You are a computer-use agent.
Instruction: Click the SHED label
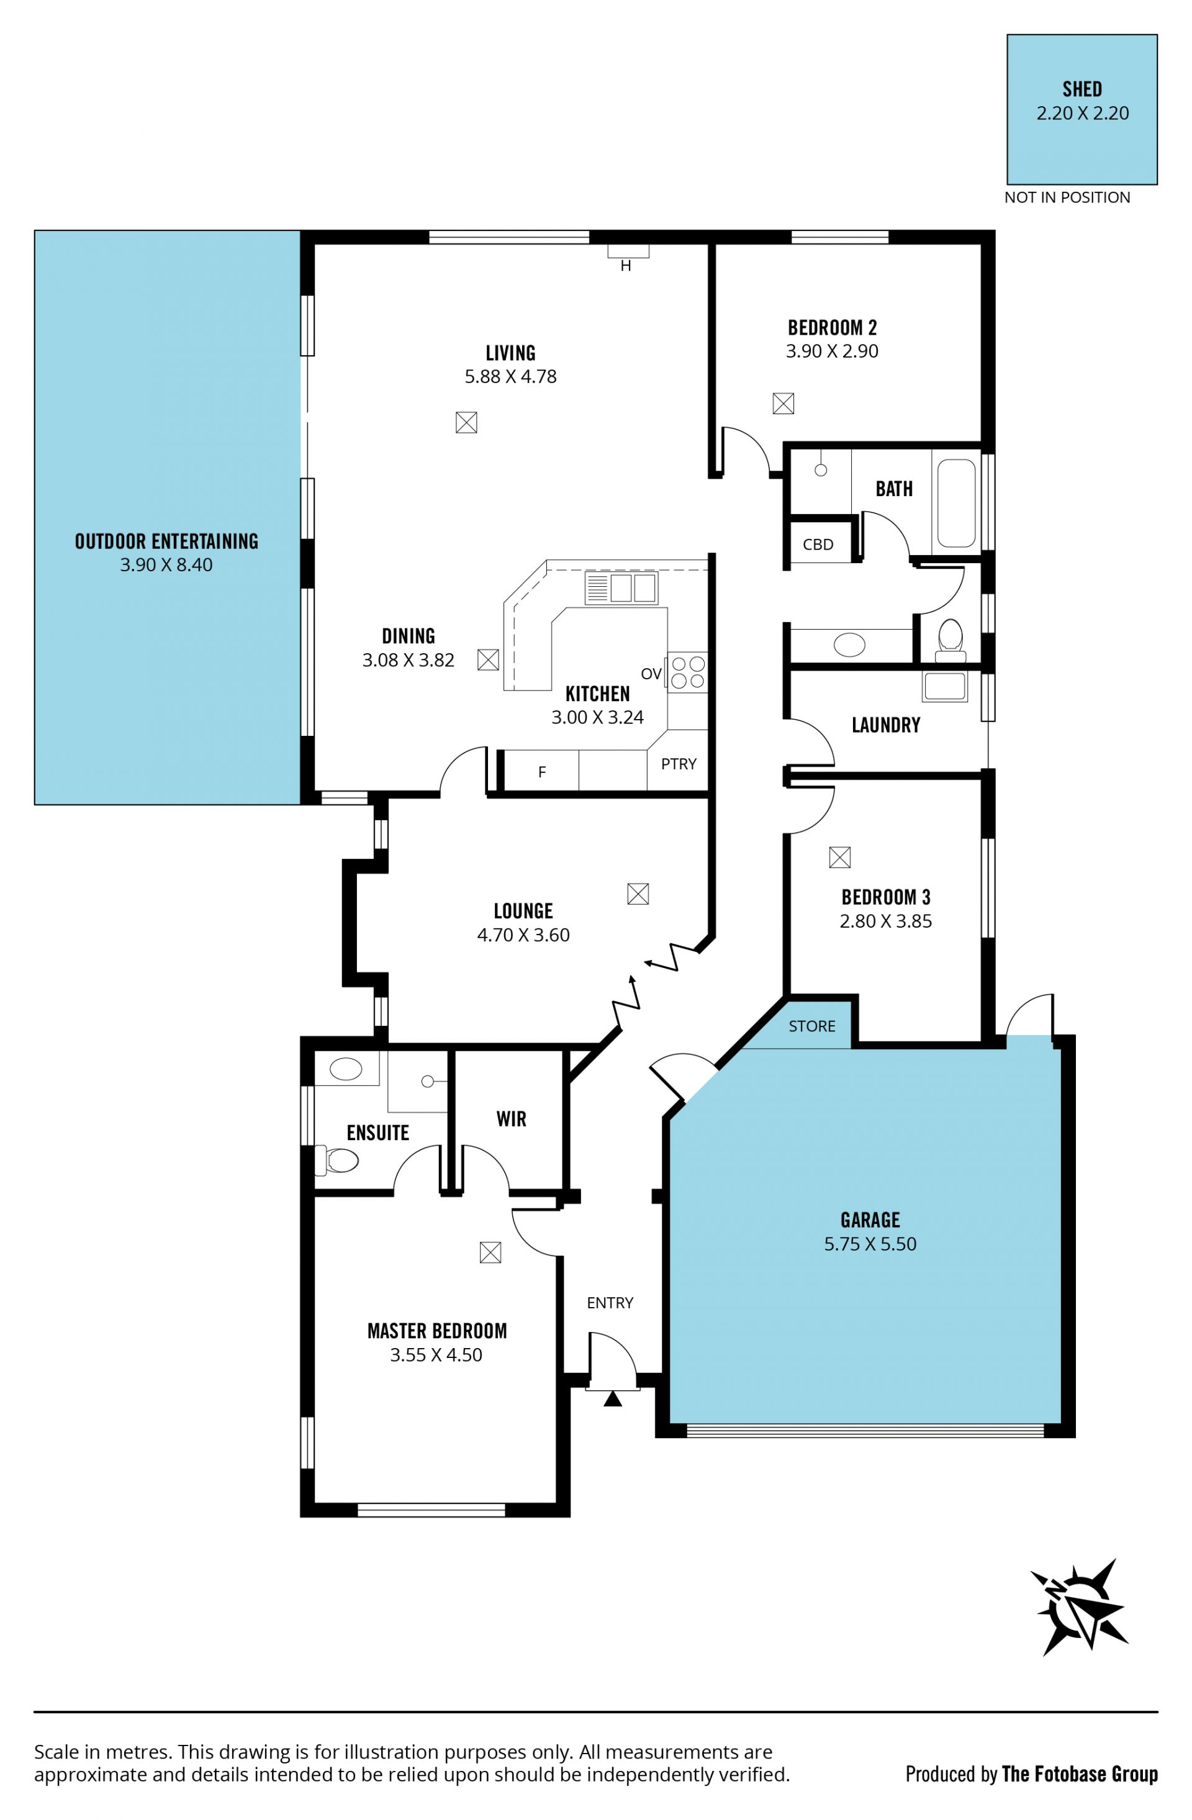coord(1082,89)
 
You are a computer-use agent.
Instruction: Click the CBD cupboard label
coord(818,545)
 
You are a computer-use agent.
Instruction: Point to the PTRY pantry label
coord(678,763)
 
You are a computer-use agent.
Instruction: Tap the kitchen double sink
coord(621,588)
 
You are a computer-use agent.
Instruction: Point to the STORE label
coord(811,1025)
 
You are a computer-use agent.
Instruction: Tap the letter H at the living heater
coord(625,266)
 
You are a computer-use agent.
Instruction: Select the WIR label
coord(511,1119)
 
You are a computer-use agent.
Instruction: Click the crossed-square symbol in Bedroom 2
coord(783,403)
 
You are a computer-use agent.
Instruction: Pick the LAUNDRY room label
coord(885,724)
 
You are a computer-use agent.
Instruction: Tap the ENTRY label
coord(610,1302)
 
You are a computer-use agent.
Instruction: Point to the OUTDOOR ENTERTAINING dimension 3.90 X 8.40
coord(166,564)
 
